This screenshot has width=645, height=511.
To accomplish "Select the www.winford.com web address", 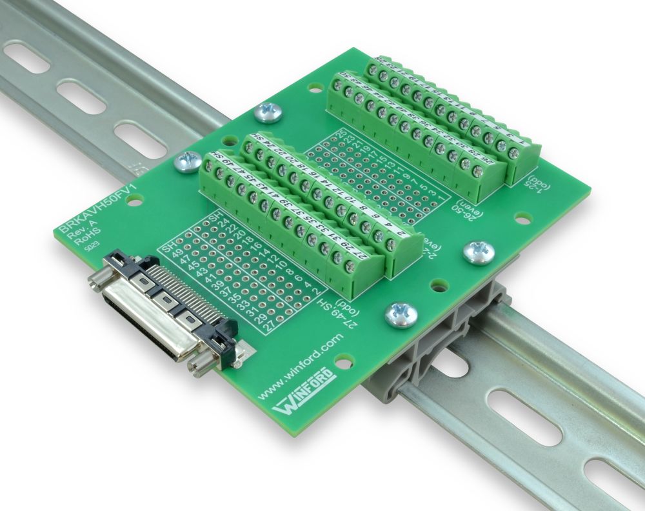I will click(303, 368).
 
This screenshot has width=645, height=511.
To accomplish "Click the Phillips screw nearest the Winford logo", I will click(401, 314).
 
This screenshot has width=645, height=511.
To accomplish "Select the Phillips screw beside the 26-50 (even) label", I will click(479, 252).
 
